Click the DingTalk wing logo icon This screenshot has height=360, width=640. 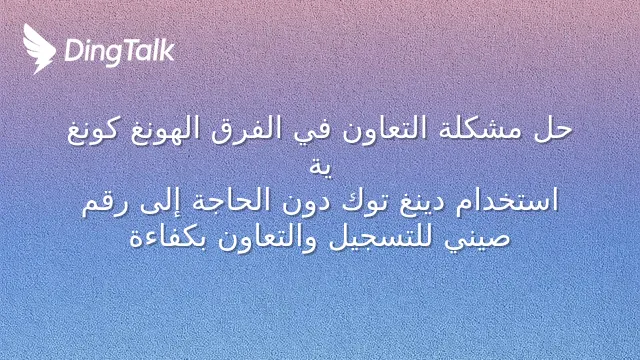tap(39, 49)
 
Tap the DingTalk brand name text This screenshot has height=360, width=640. tap(120, 52)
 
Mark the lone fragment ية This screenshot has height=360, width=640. tap(320, 167)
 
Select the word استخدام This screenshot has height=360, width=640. tap(507, 202)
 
